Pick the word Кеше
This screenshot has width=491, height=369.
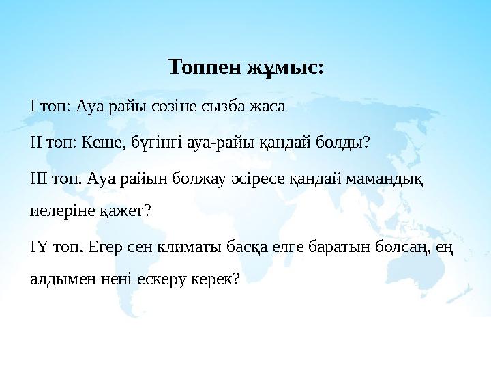99,143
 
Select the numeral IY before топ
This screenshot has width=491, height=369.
38,246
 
